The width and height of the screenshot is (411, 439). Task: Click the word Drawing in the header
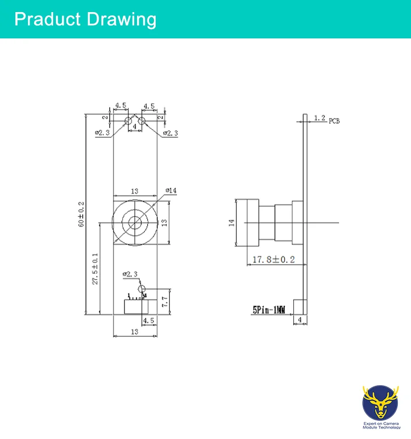121,19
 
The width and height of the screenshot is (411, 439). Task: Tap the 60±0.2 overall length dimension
82,214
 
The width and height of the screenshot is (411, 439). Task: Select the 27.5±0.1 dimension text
95,268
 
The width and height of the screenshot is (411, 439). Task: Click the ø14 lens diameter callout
171,190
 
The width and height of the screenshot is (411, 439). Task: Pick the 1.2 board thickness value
320,117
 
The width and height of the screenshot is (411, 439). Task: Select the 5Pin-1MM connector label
269,310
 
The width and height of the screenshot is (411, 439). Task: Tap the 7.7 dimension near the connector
164,301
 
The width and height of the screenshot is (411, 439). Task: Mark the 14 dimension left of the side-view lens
231,222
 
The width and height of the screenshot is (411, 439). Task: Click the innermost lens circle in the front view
134,222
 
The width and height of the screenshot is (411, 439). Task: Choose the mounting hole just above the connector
141,289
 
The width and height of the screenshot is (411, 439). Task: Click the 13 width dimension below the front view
134,332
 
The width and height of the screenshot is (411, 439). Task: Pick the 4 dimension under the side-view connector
300,319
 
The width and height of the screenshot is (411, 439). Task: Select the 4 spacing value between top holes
134,127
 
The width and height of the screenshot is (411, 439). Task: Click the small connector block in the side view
300,307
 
